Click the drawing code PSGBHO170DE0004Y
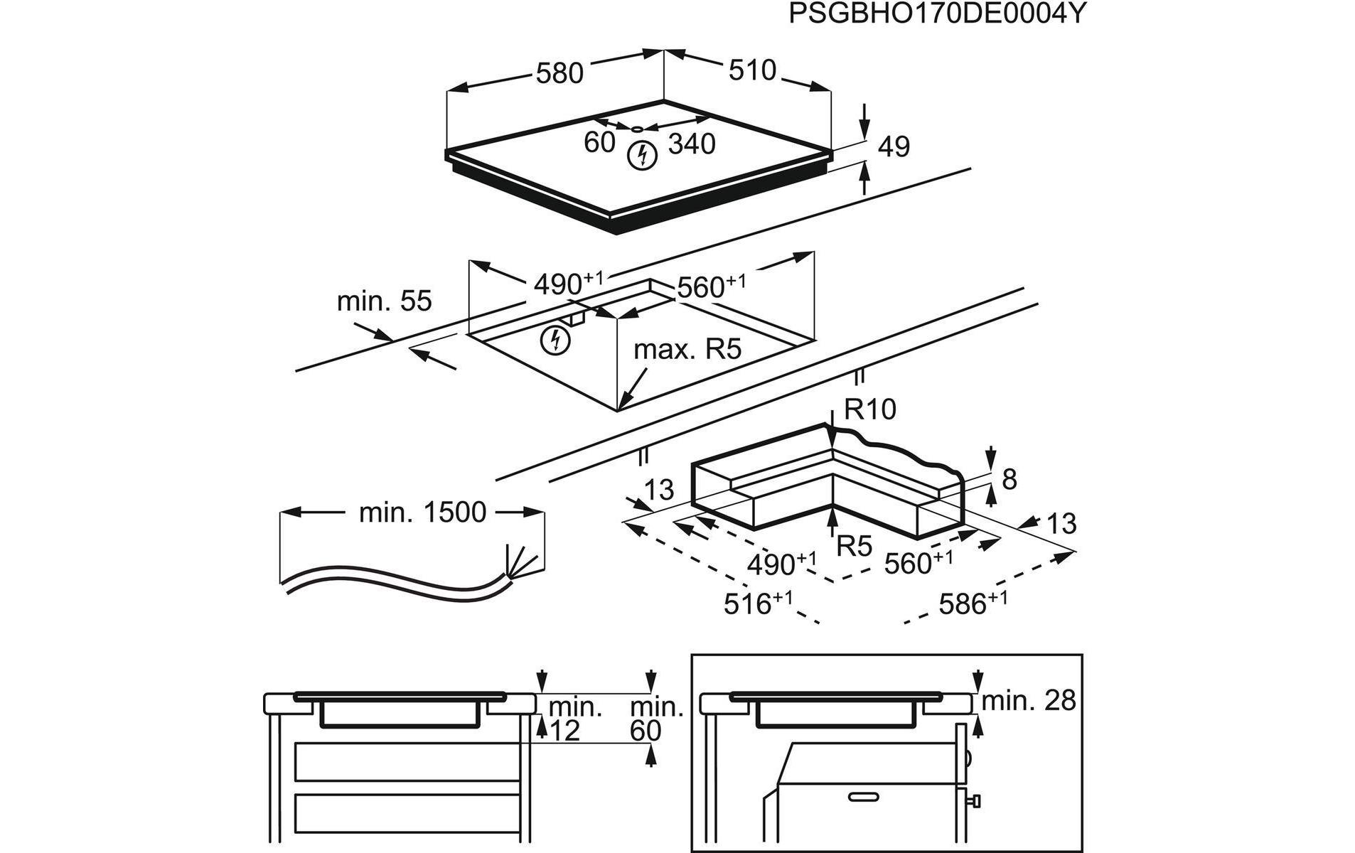[937, 14]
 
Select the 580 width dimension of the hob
[559, 73]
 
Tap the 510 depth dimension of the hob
[751, 70]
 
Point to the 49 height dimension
[894, 146]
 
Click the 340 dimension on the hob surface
[692, 144]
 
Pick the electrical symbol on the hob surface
[642, 156]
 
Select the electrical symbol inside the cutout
[555, 340]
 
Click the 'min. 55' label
[384, 301]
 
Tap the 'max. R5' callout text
[687, 349]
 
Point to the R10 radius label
[870, 409]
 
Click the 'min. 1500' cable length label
[422, 513]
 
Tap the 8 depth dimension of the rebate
[1009, 480]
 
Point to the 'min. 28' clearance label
[1029, 701]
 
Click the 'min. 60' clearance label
[655, 719]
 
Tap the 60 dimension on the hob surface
[599, 142]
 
